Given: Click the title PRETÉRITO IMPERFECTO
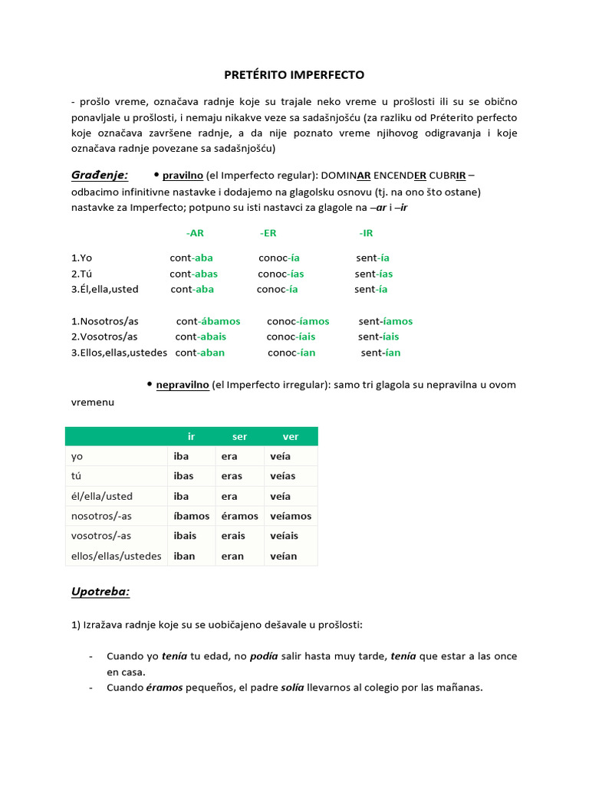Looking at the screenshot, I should click(294, 75).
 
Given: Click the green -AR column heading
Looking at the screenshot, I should click(195, 233).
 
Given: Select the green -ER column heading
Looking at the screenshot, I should click(268, 233).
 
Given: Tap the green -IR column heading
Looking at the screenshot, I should click(366, 233).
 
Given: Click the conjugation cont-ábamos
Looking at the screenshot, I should click(208, 321).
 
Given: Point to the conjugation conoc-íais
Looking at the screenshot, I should click(291, 337).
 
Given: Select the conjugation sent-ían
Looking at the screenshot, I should click(380, 353).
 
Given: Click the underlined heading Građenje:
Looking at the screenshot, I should click(100, 176).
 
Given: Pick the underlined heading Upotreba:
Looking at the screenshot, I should click(100, 593).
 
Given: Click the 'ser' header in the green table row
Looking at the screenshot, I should click(240, 436).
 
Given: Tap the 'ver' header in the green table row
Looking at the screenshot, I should click(291, 436).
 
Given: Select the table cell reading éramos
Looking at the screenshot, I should click(239, 516).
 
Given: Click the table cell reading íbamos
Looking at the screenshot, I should click(191, 516).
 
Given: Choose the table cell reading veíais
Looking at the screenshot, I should click(285, 536).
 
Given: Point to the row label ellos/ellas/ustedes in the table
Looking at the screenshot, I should click(116, 556).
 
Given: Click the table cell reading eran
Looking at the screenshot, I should click(232, 556).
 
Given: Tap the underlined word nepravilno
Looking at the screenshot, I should click(183, 385).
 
